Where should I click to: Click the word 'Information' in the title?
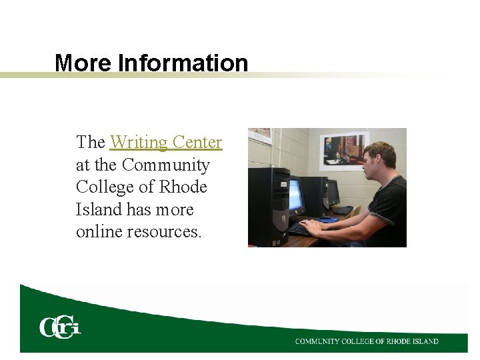point(183,63)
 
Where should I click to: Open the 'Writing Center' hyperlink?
point(165,142)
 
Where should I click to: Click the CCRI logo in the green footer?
point(60,327)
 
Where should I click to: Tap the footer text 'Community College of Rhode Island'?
point(367,341)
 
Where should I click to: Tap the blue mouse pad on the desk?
point(328,219)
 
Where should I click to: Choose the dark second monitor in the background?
point(331,192)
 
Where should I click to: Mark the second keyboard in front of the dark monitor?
point(343,210)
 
